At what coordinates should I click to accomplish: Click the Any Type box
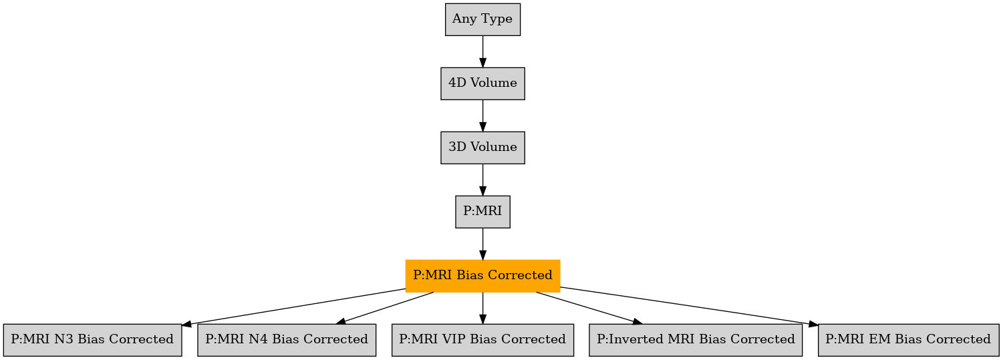click(x=482, y=19)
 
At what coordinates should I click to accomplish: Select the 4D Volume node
click(x=482, y=83)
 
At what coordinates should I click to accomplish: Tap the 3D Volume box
click(x=482, y=148)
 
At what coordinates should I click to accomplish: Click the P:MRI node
click(x=482, y=212)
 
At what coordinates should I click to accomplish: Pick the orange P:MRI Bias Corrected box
click(x=482, y=276)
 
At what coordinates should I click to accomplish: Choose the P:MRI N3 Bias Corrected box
click(x=92, y=341)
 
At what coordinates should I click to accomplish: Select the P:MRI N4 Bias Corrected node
click(x=287, y=341)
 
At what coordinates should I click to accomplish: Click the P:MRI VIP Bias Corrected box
click(x=482, y=341)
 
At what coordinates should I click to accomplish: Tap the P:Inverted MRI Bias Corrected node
click(x=696, y=341)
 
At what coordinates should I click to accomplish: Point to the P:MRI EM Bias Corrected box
click(x=908, y=341)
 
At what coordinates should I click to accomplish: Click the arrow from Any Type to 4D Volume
click(x=482, y=51)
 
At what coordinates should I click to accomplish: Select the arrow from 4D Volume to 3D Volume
click(x=482, y=116)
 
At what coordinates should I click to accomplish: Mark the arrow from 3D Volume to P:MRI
click(x=482, y=180)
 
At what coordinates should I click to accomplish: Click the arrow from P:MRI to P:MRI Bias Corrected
click(x=482, y=244)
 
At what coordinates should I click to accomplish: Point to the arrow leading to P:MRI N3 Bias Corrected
click(x=294, y=307)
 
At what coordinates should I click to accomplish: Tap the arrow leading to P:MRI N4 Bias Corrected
click(x=385, y=308)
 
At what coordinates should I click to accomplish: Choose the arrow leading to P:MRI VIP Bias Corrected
click(x=482, y=308)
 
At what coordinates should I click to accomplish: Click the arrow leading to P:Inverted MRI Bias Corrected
click(x=589, y=308)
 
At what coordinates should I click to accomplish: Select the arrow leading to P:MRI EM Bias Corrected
click(x=690, y=307)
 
